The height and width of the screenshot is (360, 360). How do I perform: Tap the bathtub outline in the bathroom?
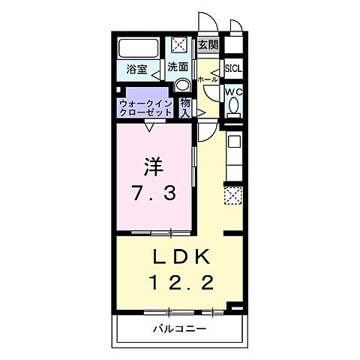pos(137,49)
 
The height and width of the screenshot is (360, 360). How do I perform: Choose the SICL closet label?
pos(232,67)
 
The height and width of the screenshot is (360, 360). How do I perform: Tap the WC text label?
pos(233,92)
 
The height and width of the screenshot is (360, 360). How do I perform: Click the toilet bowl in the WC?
pos(233,109)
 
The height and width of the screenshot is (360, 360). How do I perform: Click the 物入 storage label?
pos(185,107)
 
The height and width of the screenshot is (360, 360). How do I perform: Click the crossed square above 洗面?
pos(180,45)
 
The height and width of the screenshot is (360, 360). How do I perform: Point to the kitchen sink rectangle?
pos(233,141)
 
